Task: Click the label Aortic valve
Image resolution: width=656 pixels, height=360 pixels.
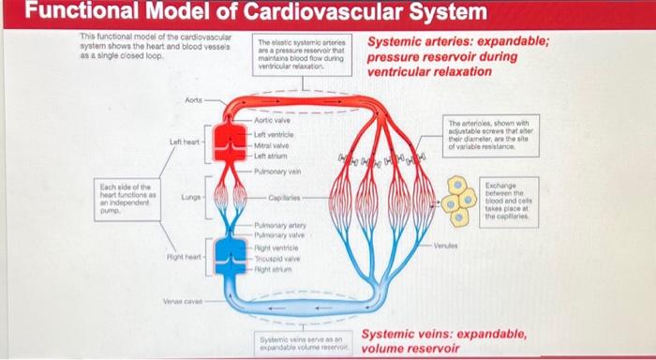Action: [273, 122]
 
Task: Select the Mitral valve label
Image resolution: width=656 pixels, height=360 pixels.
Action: [271, 147]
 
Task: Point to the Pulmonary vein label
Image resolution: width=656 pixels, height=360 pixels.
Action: [278, 172]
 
